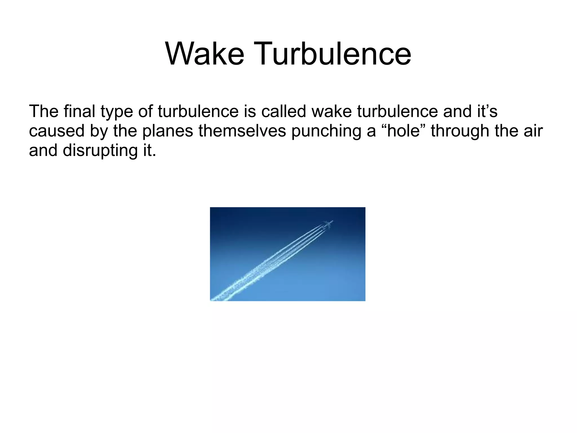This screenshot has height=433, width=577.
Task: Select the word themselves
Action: [242, 131]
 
